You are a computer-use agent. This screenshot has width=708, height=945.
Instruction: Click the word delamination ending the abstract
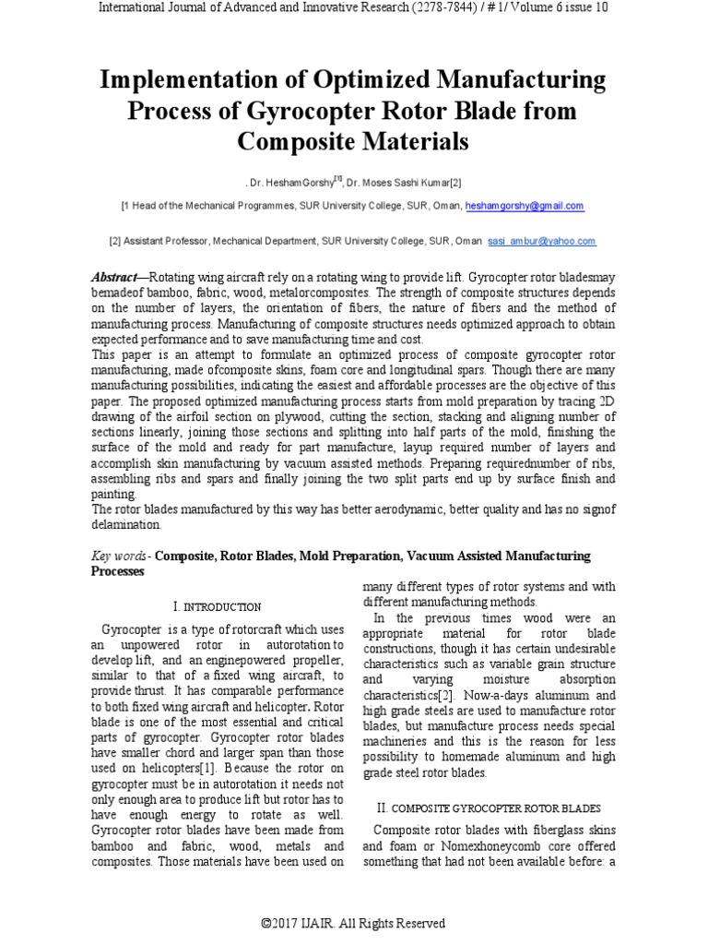click(126, 524)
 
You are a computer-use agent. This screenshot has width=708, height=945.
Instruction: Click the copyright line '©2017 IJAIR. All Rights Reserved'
click(353, 923)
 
